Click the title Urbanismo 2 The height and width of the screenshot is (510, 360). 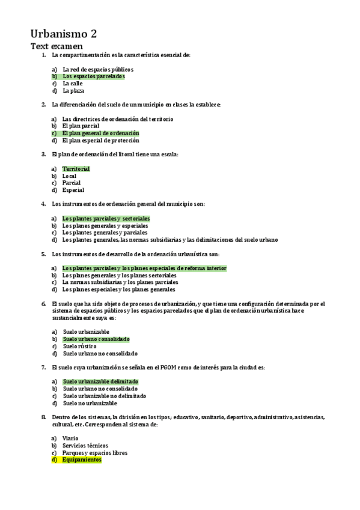pos(64,33)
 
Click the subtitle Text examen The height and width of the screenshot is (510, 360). pos(56,46)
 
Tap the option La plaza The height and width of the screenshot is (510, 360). pos(73,91)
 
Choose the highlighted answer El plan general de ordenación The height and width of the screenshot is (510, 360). pos(100,133)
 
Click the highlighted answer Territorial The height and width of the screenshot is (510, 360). pos(76,169)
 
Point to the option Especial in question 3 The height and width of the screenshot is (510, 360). pos(73,190)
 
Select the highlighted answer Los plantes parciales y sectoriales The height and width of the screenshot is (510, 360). pos(106,218)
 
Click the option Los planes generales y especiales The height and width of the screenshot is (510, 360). pos(105,226)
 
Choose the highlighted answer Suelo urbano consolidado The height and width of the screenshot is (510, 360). pos(96,339)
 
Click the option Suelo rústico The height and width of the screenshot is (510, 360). pos(79,346)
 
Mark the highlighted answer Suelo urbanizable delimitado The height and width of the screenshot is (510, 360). pos(100,381)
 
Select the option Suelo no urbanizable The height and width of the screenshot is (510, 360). pos(90,403)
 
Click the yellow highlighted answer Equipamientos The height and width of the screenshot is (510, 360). pos(82,460)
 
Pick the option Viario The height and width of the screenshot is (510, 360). pos(70,438)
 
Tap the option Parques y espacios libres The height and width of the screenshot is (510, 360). pos(95,453)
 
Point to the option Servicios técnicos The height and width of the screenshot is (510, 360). pos(84,446)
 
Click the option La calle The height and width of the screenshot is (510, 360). pos(73,84)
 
